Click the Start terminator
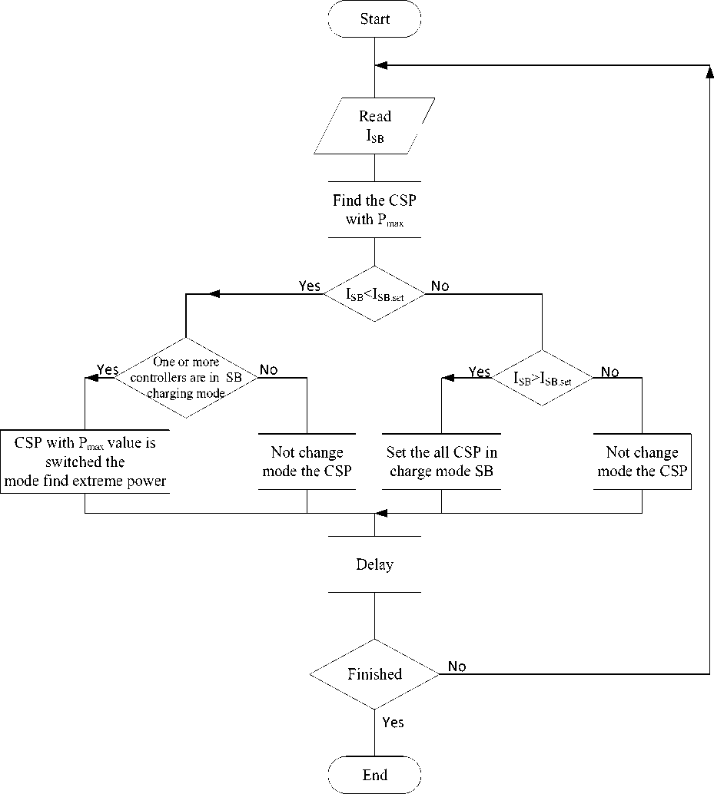[374, 19]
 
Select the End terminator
[374, 775]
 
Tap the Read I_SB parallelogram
[374, 126]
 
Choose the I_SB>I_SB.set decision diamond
[543, 377]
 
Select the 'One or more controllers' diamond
[185, 377]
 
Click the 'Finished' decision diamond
[374, 674]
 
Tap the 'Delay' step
[374, 564]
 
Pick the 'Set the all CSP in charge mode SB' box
[441, 462]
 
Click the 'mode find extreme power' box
[85, 462]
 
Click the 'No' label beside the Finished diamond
[457, 667]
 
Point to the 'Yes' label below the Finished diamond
[392, 723]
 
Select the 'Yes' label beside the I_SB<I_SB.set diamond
[309, 286]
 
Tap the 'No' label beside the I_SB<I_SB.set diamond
[440, 286]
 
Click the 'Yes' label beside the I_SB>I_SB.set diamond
[479, 372]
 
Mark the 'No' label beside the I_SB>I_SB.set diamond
[609, 372]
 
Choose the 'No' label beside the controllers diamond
[268, 369]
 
